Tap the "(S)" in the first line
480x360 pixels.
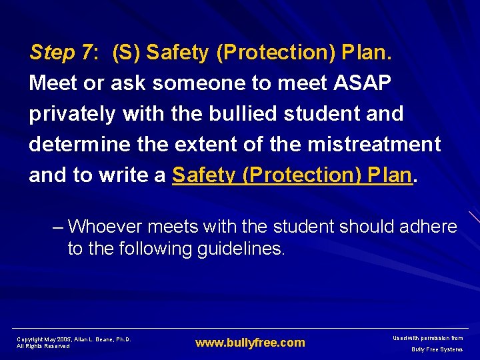tap(126, 53)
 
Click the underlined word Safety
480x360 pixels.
tap(204, 175)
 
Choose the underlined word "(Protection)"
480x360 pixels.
tap(297, 175)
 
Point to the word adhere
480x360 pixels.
tap(429, 227)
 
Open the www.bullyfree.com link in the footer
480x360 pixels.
tap(250, 343)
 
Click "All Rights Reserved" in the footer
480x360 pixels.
tap(43, 347)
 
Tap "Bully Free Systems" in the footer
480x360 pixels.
tap(437, 349)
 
